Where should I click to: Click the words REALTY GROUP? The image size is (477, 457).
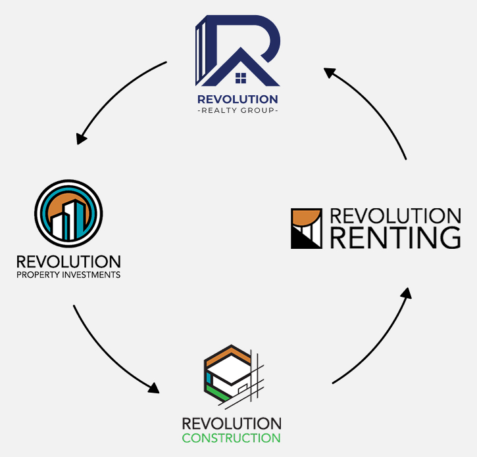pyautogui.click(x=238, y=111)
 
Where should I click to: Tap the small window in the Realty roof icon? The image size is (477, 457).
pyautogui.click(x=241, y=79)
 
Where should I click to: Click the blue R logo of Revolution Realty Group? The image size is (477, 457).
pyautogui.click(x=238, y=51)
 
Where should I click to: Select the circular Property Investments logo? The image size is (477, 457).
pyautogui.click(x=68, y=211)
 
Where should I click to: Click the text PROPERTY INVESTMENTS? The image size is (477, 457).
pyautogui.click(x=68, y=275)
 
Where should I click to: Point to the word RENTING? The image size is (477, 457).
pyautogui.click(x=395, y=238)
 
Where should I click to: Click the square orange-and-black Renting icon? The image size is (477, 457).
pyautogui.click(x=307, y=229)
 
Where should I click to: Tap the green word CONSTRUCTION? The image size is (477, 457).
pyautogui.click(x=231, y=438)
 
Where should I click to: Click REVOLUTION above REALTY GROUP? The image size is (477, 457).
pyautogui.click(x=238, y=99)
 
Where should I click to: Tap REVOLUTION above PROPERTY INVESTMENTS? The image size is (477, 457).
pyautogui.click(x=68, y=261)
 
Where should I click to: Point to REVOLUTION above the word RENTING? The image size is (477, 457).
pyautogui.click(x=395, y=216)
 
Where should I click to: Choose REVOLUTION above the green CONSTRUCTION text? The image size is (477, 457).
pyautogui.click(x=231, y=424)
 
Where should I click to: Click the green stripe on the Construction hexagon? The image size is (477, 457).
pyautogui.click(x=214, y=392)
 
